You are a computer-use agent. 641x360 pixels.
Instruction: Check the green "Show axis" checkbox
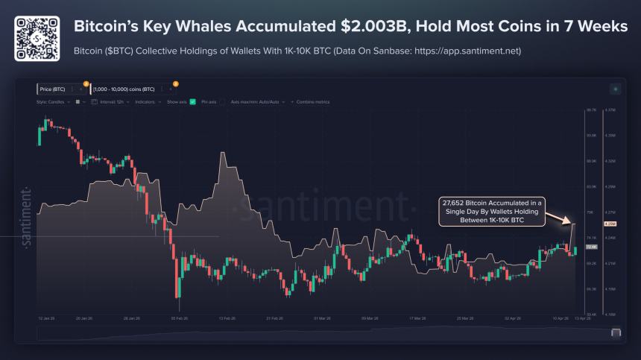[x=192, y=101]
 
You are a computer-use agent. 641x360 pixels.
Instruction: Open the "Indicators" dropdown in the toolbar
[x=148, y=101]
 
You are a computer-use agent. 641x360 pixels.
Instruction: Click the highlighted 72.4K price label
[x=592, y=246]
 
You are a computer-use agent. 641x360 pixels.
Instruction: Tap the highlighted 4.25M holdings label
[x=610, y=224]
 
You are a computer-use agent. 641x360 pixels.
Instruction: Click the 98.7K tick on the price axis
[x=592, y=110]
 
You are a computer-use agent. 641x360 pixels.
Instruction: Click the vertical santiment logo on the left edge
[x=26, y=216]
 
